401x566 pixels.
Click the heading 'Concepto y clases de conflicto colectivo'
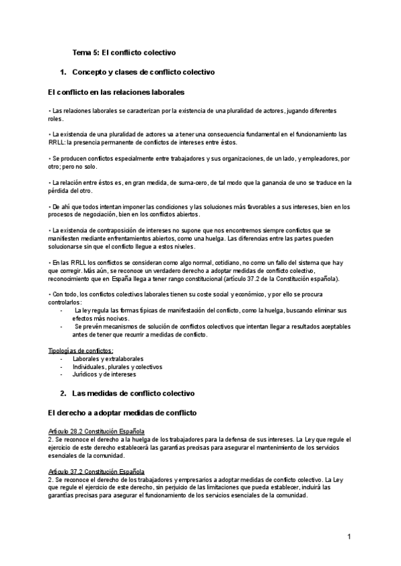[142, 71]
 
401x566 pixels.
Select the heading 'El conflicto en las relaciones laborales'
[117, 91]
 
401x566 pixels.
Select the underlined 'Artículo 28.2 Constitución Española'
[97, 432]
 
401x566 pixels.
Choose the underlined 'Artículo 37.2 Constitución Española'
[97, 472]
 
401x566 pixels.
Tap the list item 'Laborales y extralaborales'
[108, 358]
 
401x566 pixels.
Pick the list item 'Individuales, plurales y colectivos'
[117, 366]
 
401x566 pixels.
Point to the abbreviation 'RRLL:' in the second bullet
[58, 142]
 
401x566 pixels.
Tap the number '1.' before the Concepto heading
[63, 71]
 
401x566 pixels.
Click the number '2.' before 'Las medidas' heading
[63, 393]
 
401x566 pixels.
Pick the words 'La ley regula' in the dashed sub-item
[92, 310]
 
